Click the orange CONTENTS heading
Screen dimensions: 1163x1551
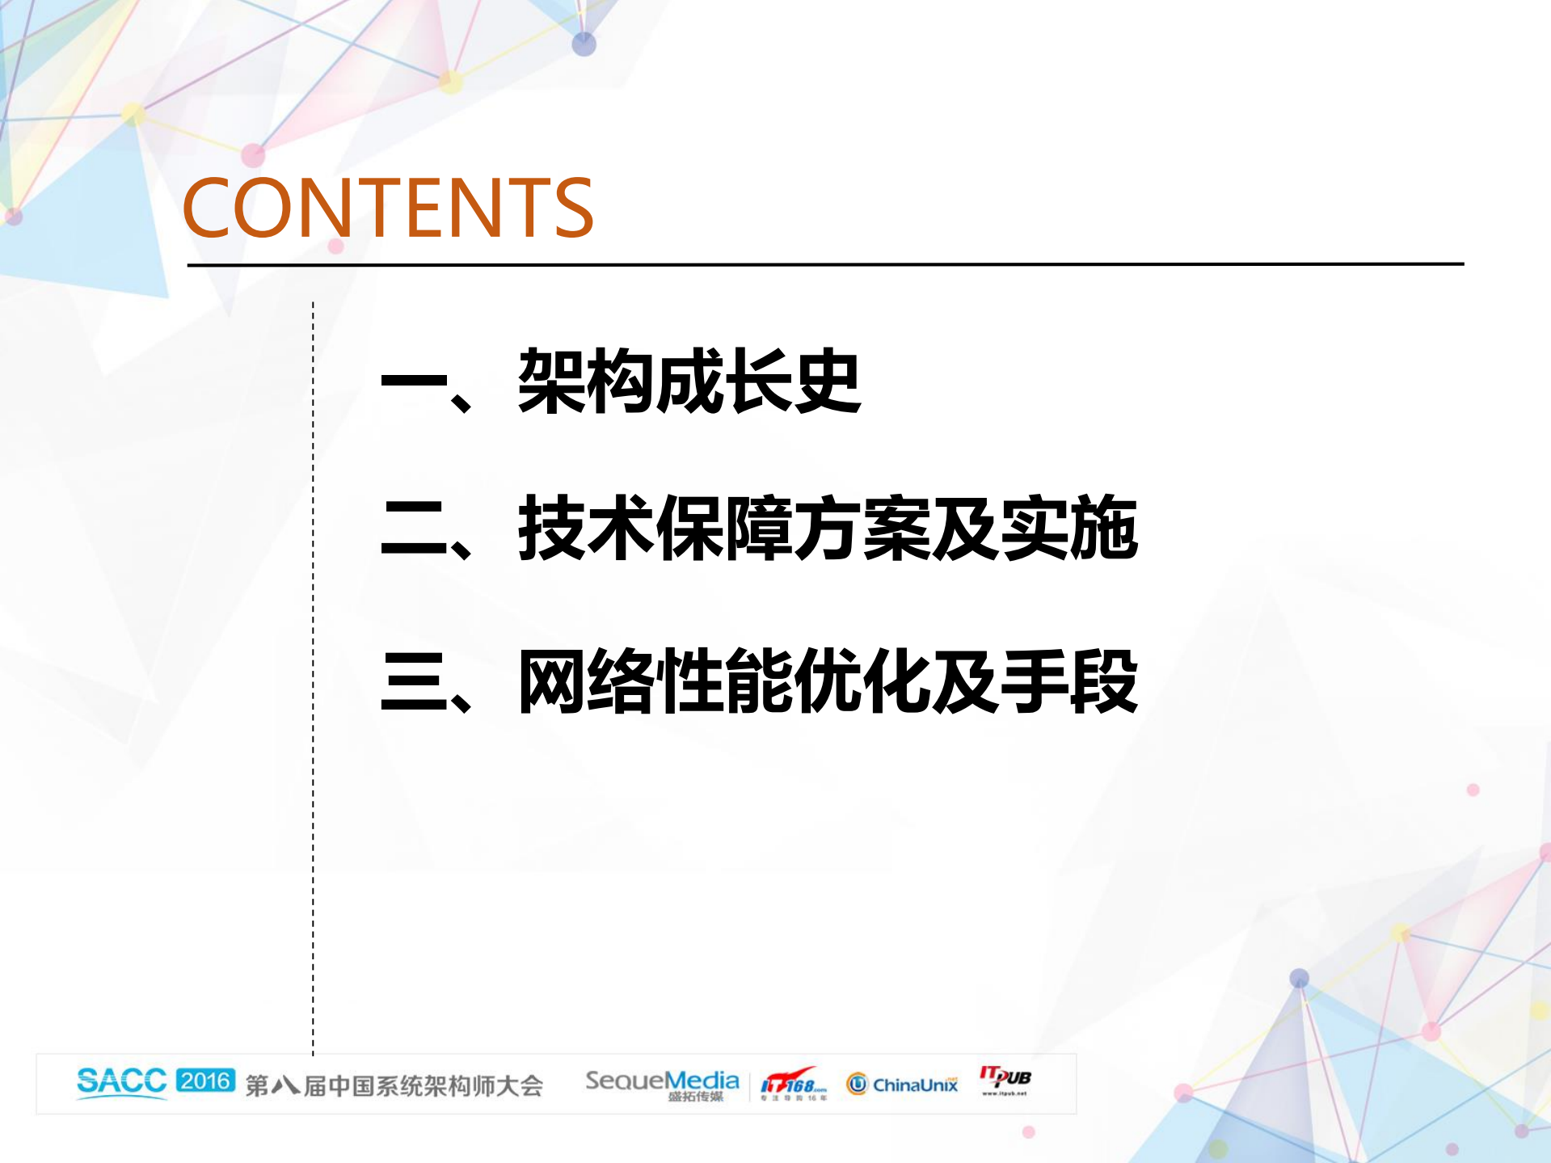click(x=388, y=209)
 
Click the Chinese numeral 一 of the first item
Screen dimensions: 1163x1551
click(x=414, y=381)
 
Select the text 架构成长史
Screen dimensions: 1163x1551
click(x=689, y=381)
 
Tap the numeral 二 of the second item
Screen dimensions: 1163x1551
click(x=414, y=529)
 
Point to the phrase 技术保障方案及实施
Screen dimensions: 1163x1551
click(x=828, y=529)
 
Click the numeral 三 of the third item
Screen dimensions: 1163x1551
click(x=414, y=682)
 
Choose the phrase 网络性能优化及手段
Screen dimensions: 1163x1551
click(x=828, y=682)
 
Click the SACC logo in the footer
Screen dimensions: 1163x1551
click(x=121, y=1081)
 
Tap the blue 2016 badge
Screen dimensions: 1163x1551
click(x=205, y=1081)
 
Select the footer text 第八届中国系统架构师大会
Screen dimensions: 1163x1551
click(x=394, y=1085)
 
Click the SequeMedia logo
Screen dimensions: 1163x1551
click(x=662, y=1083)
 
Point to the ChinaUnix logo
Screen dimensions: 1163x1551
click(x=902, y=1084)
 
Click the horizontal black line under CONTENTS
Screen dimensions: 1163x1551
click(x=824, y=264)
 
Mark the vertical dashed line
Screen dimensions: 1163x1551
click(x=313, y=679)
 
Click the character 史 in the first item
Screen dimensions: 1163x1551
click(x=826, y=381)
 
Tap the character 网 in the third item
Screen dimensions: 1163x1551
click(x=552, y=682)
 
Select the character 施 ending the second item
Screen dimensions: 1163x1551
click(x=1103, y=529)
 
